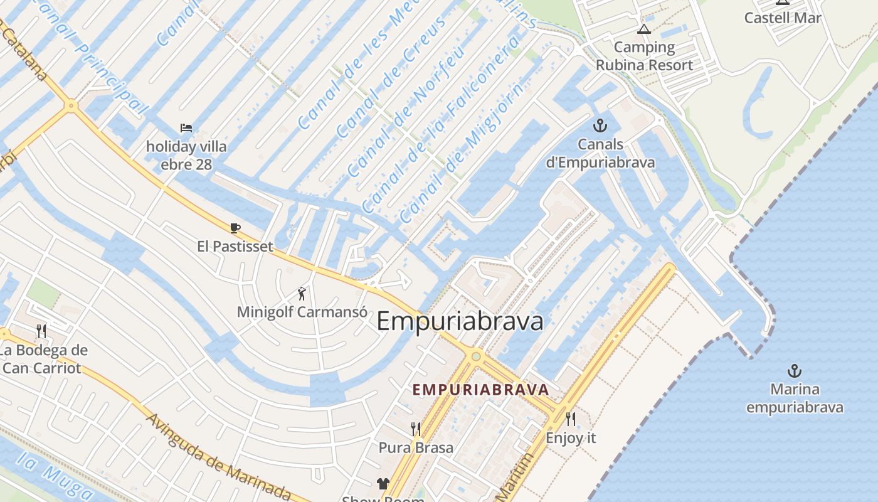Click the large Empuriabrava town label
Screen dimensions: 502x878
click(x=460, y=321)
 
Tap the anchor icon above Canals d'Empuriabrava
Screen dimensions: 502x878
click(x=600, y=125)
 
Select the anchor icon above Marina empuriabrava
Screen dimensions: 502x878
click(x=795, y=370)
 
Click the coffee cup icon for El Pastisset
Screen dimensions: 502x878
click(x=235, y=228)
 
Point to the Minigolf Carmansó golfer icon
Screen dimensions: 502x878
click(x=302, y=293)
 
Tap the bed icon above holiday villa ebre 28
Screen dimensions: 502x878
click(x=186, y=128)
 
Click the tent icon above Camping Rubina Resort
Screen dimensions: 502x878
click(x=644, y=29)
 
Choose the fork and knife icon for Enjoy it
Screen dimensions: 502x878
click(x=570, y=419)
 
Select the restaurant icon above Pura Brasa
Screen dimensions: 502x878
click(x=416, y=429)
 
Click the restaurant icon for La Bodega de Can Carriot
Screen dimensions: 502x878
click(x=41, y=331)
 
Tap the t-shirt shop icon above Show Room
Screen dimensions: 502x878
click(x=383, y=483)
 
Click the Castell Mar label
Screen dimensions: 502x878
click(x=783, y=18)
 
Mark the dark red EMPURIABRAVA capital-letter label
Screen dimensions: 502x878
click(x=480, y=390)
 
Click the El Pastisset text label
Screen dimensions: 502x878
click(x=235, y=246)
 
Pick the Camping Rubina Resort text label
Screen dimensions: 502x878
click(x=644, y=56)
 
